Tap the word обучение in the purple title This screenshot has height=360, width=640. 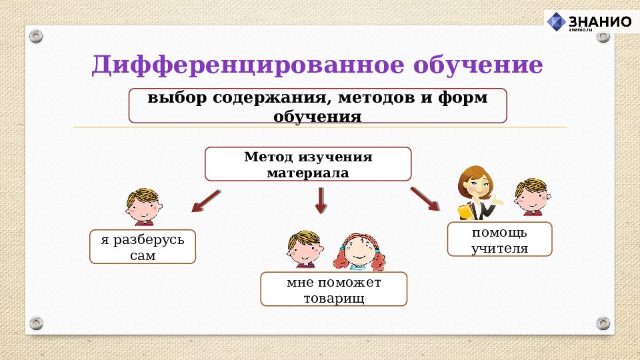pyautogui.click(x=478, y=65)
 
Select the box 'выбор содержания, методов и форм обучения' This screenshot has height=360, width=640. pyautogui.click(x=317, y=106)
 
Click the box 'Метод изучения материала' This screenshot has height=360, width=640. pyautogui.click(x=308, y=164)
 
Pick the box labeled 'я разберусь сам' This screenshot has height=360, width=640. pyautogui.click(x=143, y=247)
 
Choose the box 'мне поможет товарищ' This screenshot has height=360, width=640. pyautogui.click(x=333, y=289)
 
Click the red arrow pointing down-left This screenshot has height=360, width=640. pyautogui.click(x=206, y=199)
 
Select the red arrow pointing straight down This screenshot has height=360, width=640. pyautogui.click(x=321, y=200)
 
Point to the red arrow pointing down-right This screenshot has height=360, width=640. pyautogui.click(x=425, y=199)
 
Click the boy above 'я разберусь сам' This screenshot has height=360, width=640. pyautogui.click(x=143, y=206)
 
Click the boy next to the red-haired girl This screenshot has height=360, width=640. pyautogui.click(x=304, y=249)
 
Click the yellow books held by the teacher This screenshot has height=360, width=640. pyautogui.click(x=465, y=211)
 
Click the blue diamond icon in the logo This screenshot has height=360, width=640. pyautogui.click(x=556, y=22)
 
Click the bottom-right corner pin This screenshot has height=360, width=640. pyautogui.click(x=603, y=323)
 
